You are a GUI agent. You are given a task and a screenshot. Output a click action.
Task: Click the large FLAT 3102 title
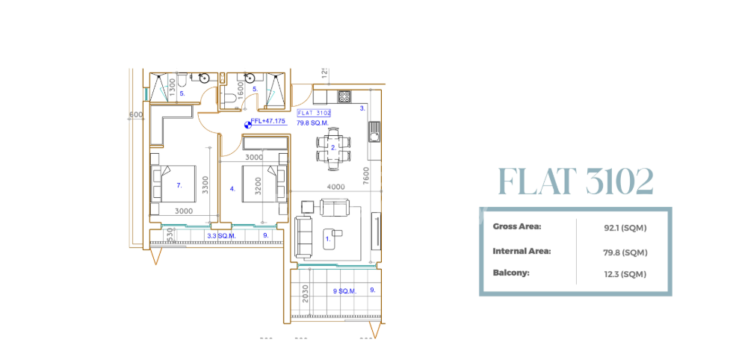click(x=575, y=181)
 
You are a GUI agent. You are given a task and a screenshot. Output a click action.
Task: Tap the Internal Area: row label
click(x=522, y=251)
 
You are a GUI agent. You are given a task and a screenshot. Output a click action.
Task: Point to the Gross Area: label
click(x=517, y=226)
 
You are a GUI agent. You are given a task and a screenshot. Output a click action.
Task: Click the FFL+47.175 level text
click(x=268, y=121)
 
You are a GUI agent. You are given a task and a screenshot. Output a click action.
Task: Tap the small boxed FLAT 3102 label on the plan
click(x=314, y=113)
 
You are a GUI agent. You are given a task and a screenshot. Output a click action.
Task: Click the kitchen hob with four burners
click(x=344, y=96)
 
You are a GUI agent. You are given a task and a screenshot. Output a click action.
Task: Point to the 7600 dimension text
click(x=366, y=175)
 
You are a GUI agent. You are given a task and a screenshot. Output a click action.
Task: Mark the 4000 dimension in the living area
click(x=335, y=187)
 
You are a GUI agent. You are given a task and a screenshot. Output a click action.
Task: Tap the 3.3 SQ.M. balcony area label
click(x=222, y=235)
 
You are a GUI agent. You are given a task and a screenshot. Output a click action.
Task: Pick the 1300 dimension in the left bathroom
click(x=173, y=88)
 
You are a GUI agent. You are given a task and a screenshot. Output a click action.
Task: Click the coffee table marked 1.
click(x=328, y=239)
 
